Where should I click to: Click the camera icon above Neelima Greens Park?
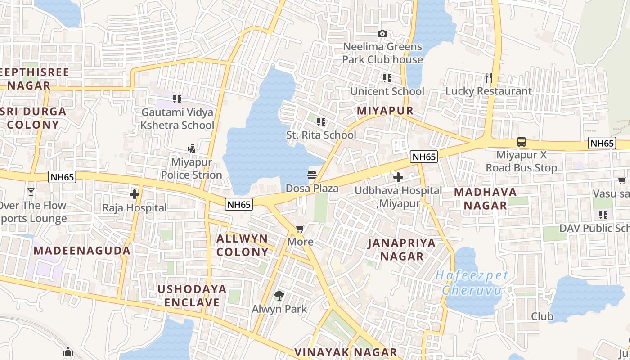point(382,34)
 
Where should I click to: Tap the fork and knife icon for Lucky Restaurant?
point(489,78)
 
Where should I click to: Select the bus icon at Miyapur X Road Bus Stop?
point(521,142)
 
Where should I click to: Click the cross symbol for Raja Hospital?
point(134,194)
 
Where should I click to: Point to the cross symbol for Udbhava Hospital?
point(398,177)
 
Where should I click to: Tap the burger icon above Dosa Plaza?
point(312,175)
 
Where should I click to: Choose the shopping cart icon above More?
point(300,229)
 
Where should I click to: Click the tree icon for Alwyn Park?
point(279,296)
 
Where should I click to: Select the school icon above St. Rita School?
point(321,121)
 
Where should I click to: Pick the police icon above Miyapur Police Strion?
point(192,148)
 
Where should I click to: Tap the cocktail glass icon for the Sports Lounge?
point(31,192)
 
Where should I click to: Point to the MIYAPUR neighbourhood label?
point(385,111)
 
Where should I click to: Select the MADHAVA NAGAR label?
point(485,199)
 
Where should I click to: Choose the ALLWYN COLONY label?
point(242,245)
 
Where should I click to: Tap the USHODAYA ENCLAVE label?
point(192,295)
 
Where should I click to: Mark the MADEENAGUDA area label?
point(82,251)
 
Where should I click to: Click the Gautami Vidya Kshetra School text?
point(177,119)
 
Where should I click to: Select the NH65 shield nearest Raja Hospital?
point(63,177)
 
